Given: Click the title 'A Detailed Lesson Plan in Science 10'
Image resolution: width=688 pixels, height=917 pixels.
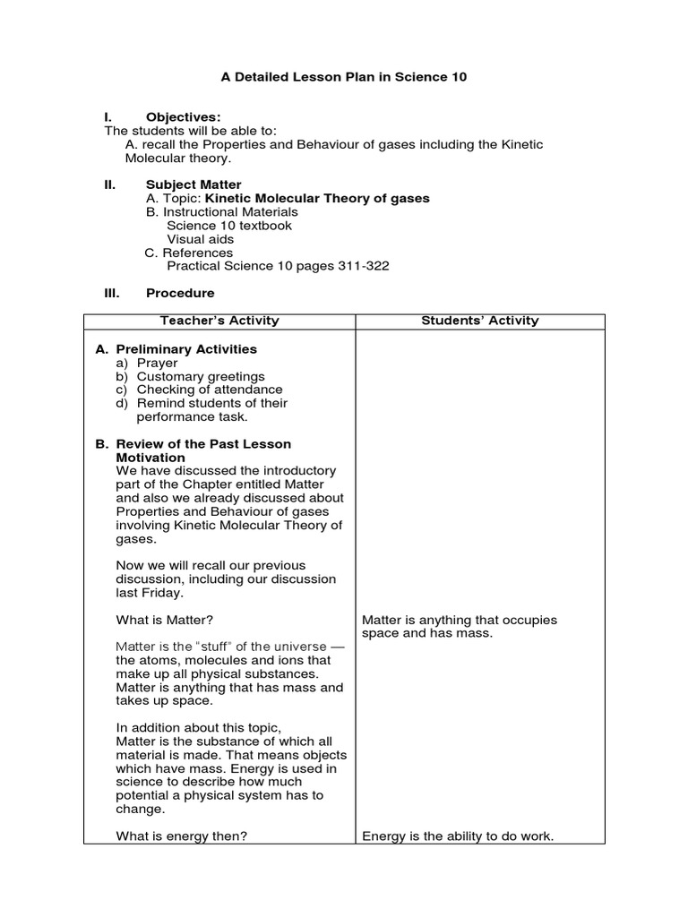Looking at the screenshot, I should click(x=344, y=78).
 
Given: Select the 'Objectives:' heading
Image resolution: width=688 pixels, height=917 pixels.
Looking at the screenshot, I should click(x=183, y=117).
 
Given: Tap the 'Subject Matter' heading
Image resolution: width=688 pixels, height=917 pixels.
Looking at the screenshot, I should click(x=193, y=184).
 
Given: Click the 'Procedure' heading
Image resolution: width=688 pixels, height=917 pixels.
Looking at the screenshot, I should click(x=180, y=293).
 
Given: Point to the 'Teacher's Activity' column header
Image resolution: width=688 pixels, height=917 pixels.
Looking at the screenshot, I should click(x=219, y=321).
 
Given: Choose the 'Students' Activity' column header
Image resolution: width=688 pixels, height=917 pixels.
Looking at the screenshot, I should click(x=480, y=321).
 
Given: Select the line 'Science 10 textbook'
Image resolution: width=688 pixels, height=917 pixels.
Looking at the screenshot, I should click(x=229, y=226).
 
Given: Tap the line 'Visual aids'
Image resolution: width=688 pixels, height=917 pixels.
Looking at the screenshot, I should click(x=201, y=239).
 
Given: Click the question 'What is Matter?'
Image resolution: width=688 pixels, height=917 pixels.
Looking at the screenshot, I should click(x=165, y=620).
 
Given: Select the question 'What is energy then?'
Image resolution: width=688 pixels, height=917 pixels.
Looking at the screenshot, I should click(x=182, y=836).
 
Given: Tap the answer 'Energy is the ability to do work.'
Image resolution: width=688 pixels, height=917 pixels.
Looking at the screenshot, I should click(x=458, y=836).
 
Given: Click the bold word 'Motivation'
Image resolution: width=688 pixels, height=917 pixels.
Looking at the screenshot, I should click(x=150, y=458).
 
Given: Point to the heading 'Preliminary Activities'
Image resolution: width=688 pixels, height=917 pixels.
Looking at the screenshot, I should click(x=186, y=349).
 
